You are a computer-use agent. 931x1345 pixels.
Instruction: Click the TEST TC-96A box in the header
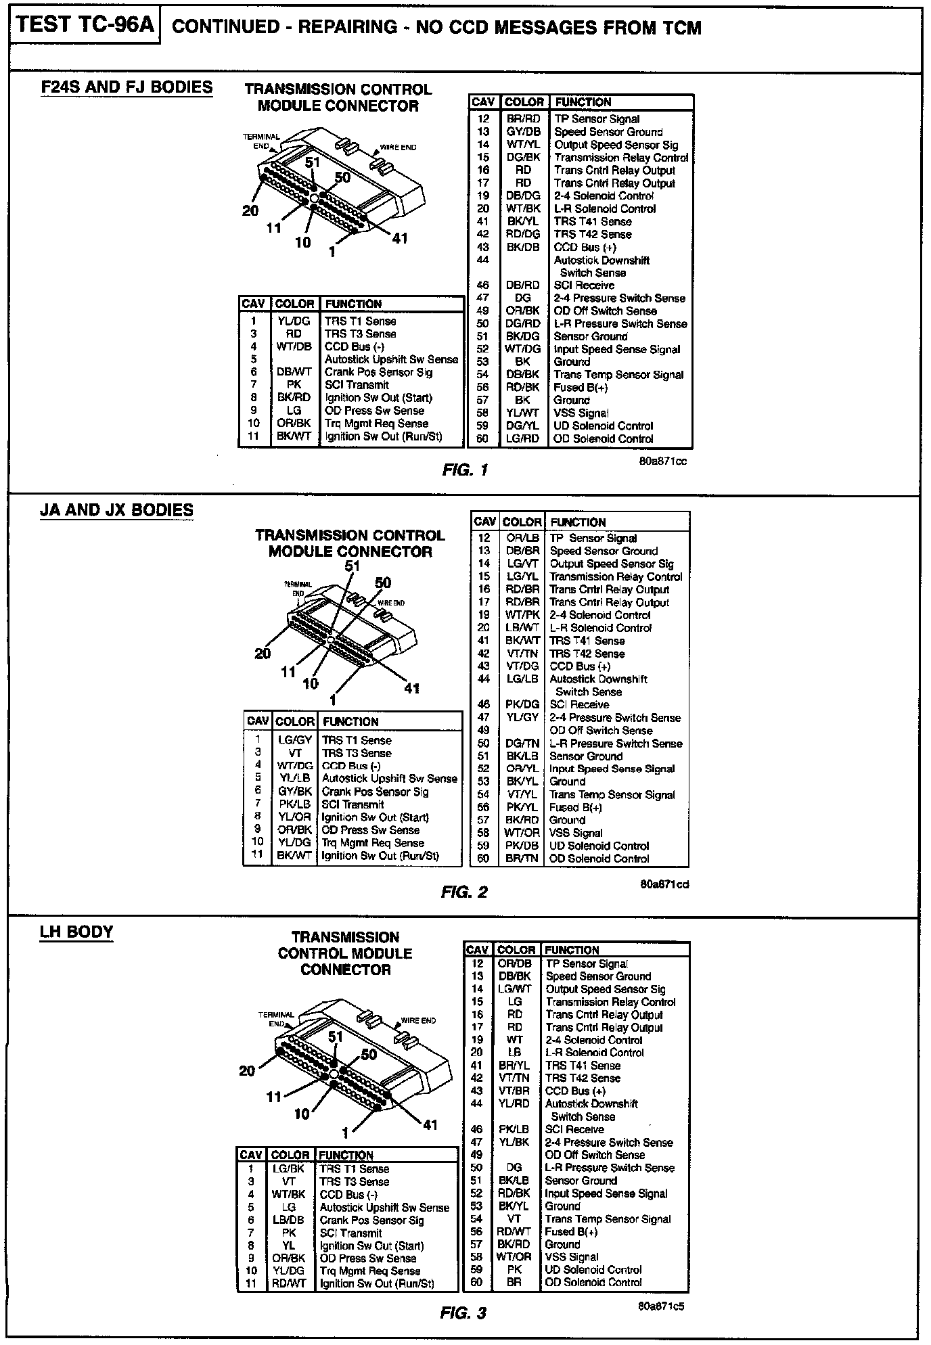point(85,26)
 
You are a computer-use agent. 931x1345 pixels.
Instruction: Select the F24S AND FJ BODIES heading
point(127,87)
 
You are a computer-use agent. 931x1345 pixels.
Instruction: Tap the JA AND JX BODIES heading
point(116,510)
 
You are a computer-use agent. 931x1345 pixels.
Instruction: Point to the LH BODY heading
point(76,932)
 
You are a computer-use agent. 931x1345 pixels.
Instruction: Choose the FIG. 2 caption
point(463,892)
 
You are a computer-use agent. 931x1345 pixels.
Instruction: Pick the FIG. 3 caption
point(463,1313)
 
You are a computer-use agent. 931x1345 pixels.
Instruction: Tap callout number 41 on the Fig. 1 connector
point(400,238)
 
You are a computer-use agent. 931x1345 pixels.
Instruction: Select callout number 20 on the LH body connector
point(247,1070)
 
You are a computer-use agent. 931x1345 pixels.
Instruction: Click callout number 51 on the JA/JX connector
point(352,566)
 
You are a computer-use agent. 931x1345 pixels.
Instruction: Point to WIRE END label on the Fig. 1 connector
point(398,147)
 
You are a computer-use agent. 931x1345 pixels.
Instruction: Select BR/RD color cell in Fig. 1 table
point(523,119)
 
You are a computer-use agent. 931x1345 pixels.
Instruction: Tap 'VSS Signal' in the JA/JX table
point(575,833)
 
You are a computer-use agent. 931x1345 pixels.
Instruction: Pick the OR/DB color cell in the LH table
point(514,963)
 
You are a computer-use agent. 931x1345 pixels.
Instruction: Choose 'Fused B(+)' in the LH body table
point(570,1232)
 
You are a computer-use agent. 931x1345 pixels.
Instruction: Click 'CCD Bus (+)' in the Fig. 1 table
point(585,248)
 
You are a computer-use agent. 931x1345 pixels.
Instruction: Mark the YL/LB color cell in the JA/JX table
point(294,779)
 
